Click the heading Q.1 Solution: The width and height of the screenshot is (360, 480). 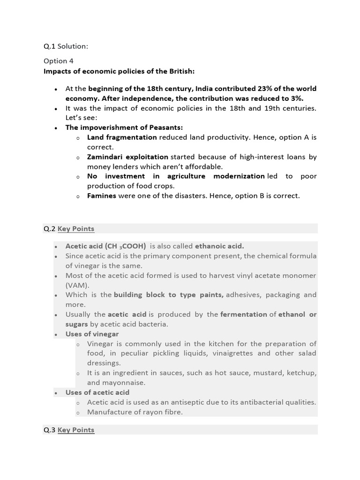point(66,46)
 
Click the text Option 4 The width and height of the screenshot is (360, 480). point(59,61)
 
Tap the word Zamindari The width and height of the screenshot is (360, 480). point(105,157)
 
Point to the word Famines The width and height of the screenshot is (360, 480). point(101,195)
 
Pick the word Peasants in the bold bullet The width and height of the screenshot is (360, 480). point(165,127)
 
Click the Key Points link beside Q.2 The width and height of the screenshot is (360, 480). point(76,229)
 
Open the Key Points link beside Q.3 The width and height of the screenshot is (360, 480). point(76,430)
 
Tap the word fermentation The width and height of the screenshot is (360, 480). point(244,315)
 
